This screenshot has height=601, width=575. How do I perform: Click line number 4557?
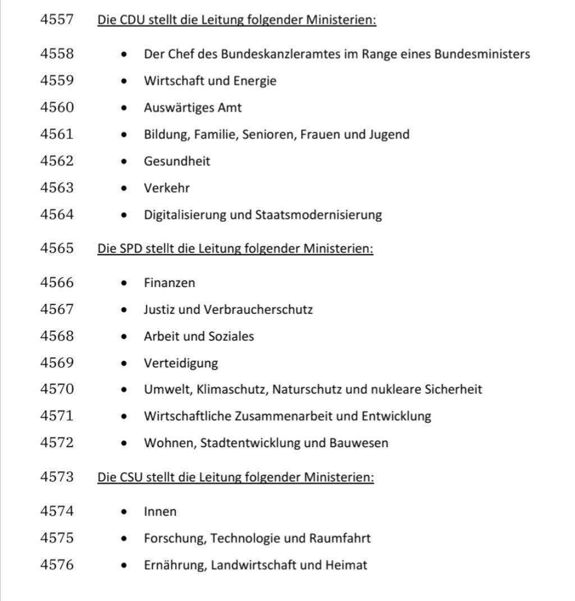(x=57, y=20)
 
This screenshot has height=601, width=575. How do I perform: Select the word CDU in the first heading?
(x=133, y=20)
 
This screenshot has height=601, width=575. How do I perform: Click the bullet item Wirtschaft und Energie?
(x=210, y=81)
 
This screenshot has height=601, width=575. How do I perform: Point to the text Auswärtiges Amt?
(x=193, y=107)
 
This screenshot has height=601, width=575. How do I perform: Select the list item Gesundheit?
(x=177, y=161)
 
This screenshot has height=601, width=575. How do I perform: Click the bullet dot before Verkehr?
(x=124, y=188)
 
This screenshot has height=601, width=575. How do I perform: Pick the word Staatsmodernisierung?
(x=318, y=215)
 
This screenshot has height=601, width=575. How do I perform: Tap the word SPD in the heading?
(x=131, y=248)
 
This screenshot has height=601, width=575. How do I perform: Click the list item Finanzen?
(x=170, y=283)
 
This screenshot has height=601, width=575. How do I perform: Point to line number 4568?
(x=57, y=336)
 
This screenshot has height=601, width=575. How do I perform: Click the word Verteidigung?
(x=181, y=363)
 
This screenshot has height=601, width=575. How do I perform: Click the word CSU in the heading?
(x=131, y=477)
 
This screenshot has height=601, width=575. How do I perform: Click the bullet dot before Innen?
(x=124, y=512)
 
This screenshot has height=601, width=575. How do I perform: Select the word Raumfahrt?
(x=340, y=538)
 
